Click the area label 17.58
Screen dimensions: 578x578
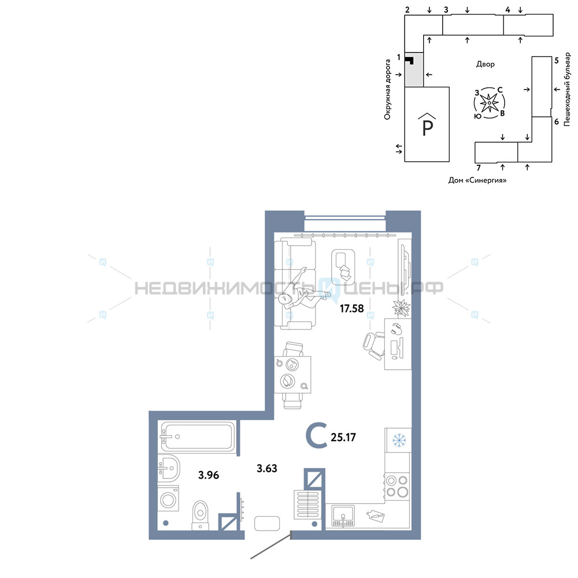pyautogui.click(x=351, y=308)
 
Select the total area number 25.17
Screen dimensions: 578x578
pyautogui.click(x=343, y=437)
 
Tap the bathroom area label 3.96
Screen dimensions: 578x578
pyautogui.click(x=209, y=475)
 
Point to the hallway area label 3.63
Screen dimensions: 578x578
pyautogui.click(x=267, y=469)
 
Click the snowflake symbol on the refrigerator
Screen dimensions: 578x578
pyautogui.click(x=398, y=440)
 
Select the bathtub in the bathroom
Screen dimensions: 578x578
pyautogui.click(x=198, y=436)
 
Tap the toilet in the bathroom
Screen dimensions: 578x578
pyautogui.click(x=201, y=515)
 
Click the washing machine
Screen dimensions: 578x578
pyautogui.click(x=168, y=499)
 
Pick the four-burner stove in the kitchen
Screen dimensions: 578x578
pyautogui.click(x=397, y=486)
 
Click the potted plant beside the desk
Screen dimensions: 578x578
pyautogui.click(x=401, y=307)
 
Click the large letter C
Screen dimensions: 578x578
pyautogui.click(x=317, y=436)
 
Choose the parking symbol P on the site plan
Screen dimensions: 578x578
pyautogui.click(x=427, y=127)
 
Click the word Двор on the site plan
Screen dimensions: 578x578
pyautogui.click(x=485, y=64)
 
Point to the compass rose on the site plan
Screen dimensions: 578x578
pyautogui.click(x=489, y=103)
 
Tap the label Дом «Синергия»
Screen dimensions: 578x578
pyautogui.click(x=477, y=180)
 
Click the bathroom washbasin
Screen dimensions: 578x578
pyautogui.click(x=169, y=468)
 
